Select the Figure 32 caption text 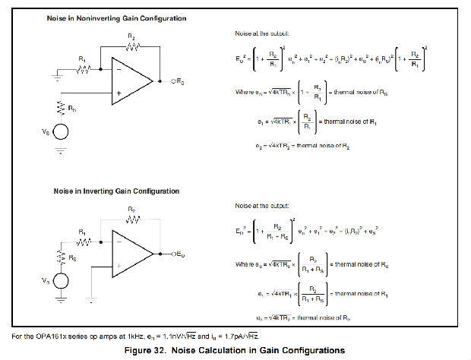[235, 350]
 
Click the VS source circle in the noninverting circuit [60, 131]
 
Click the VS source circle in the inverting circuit [60, 281]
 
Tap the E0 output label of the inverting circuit [180, 253]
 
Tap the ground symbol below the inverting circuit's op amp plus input [90, 298]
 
